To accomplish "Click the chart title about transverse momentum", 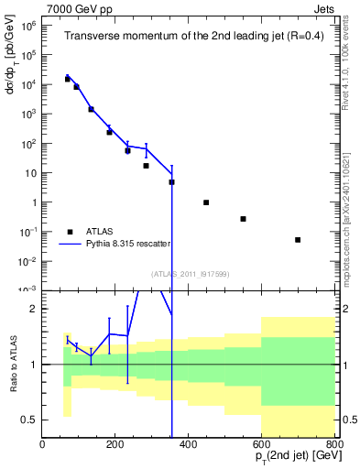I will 188,37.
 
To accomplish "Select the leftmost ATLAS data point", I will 67,80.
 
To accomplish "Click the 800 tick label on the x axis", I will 333,445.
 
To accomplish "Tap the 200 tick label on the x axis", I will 115,445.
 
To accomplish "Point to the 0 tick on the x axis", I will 42,445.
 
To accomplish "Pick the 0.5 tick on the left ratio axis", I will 29,420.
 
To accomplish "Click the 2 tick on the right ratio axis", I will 344,309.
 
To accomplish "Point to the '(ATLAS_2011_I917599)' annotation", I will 189,273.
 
